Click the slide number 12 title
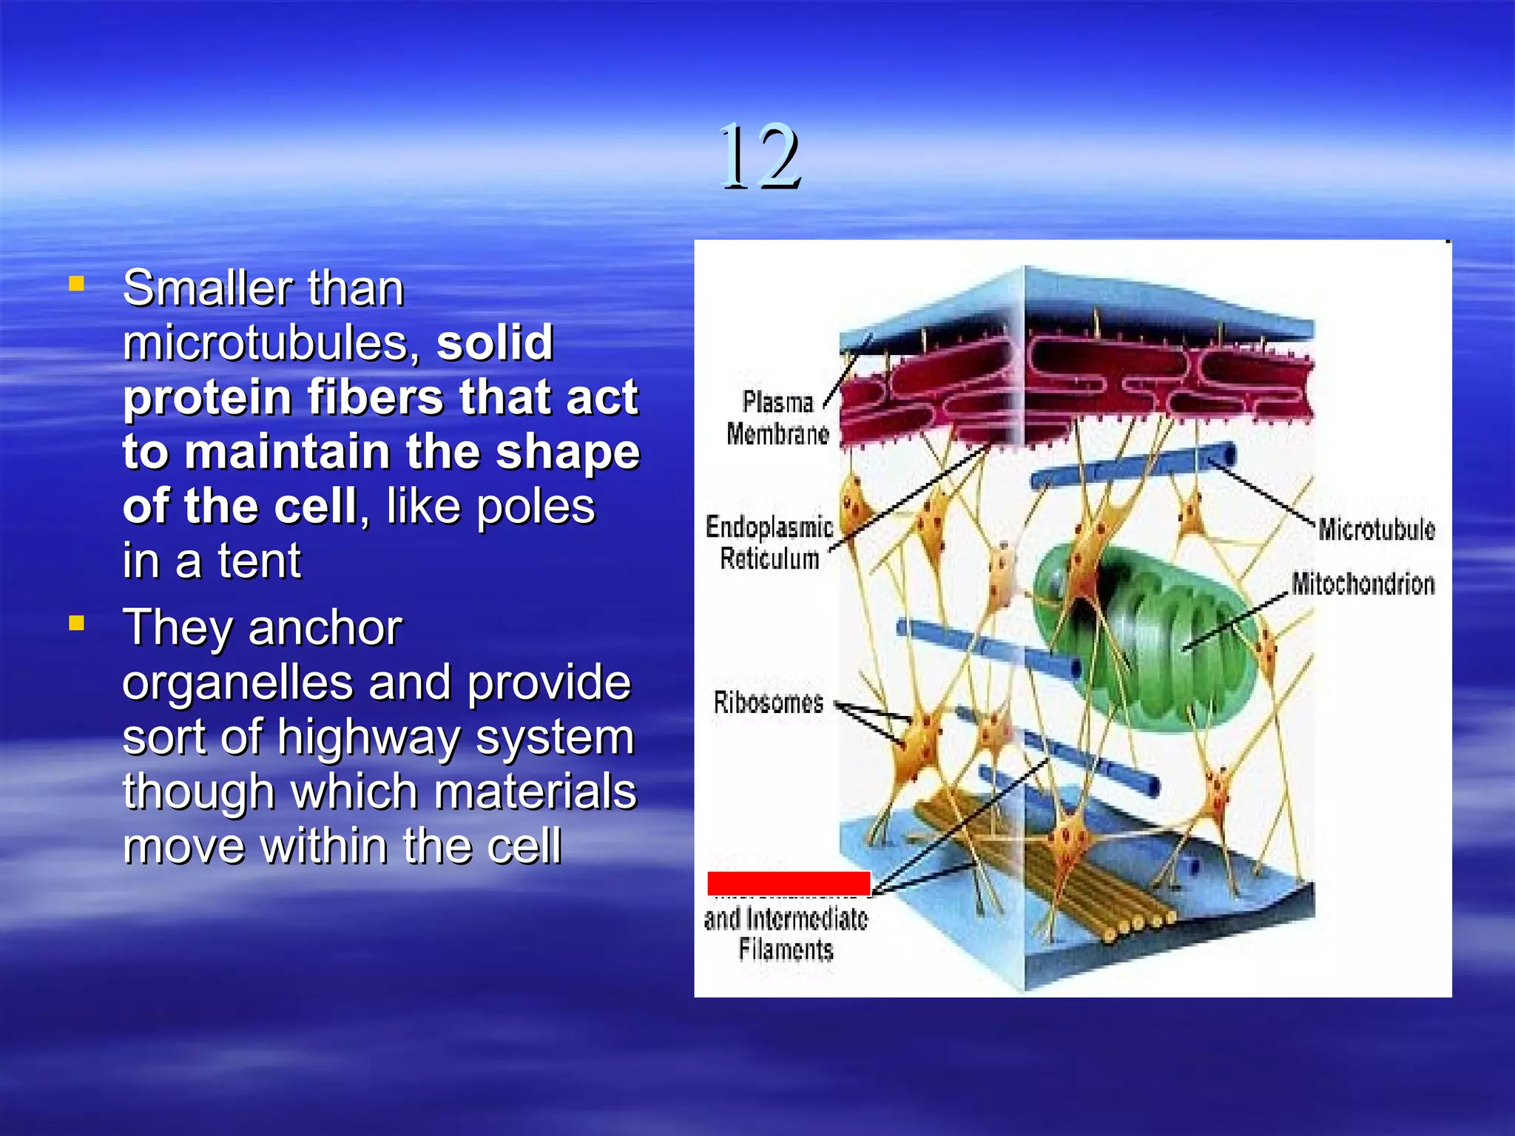pyautogui.click(x=760, y=157)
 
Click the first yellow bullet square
pyautogui.click(x=75, y=283)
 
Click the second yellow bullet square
pyautogui.click(x=75, y=623)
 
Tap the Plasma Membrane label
pyautogui.click(x=777, y=418)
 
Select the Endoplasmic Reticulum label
pyautogui.click(x=769, y=542)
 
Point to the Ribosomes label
pyautogui.click(x=768, y=702)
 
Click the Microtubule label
pyautogui.click(x=1376, y=530)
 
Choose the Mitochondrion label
pyautogui.click(x=1363, y=584)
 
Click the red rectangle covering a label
pyautogui.click(x=789, y=883)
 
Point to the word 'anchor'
pyautogui.click(x=325, y=628)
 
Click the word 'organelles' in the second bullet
pyautogui.click(x=237, y=682)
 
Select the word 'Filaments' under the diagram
pyautogui.click(x=786, y=950)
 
